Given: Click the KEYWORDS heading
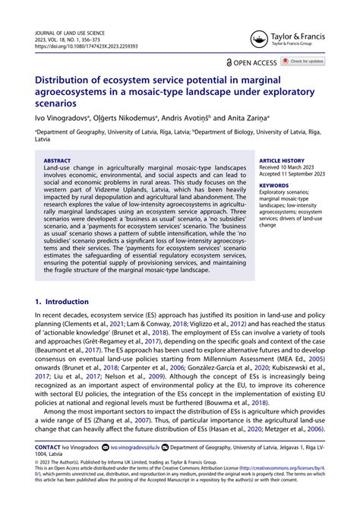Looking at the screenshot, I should (273, 185).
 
